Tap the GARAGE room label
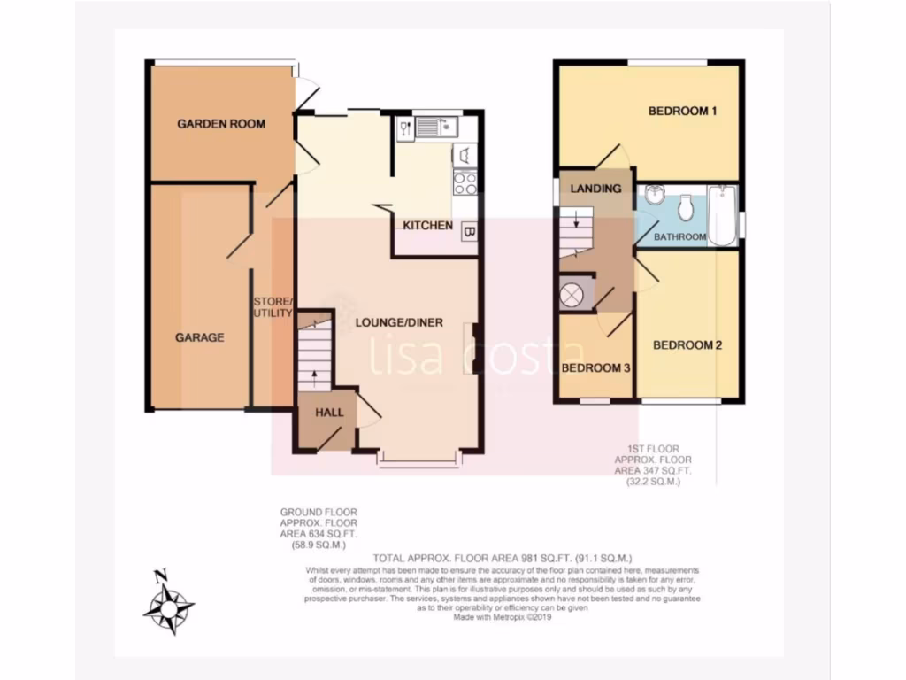point(199,337)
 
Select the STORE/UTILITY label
point(273,307)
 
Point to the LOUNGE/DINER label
point(399,322)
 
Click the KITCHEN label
point(428,227)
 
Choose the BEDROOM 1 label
point(682,112)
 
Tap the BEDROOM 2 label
point(687,345)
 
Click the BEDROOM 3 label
point(595,368)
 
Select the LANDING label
point(595,189)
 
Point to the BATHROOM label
point(679,237)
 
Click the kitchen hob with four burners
point(465,182)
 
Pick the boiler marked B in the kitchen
point(470,232)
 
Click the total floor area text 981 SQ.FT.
point(503,558)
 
